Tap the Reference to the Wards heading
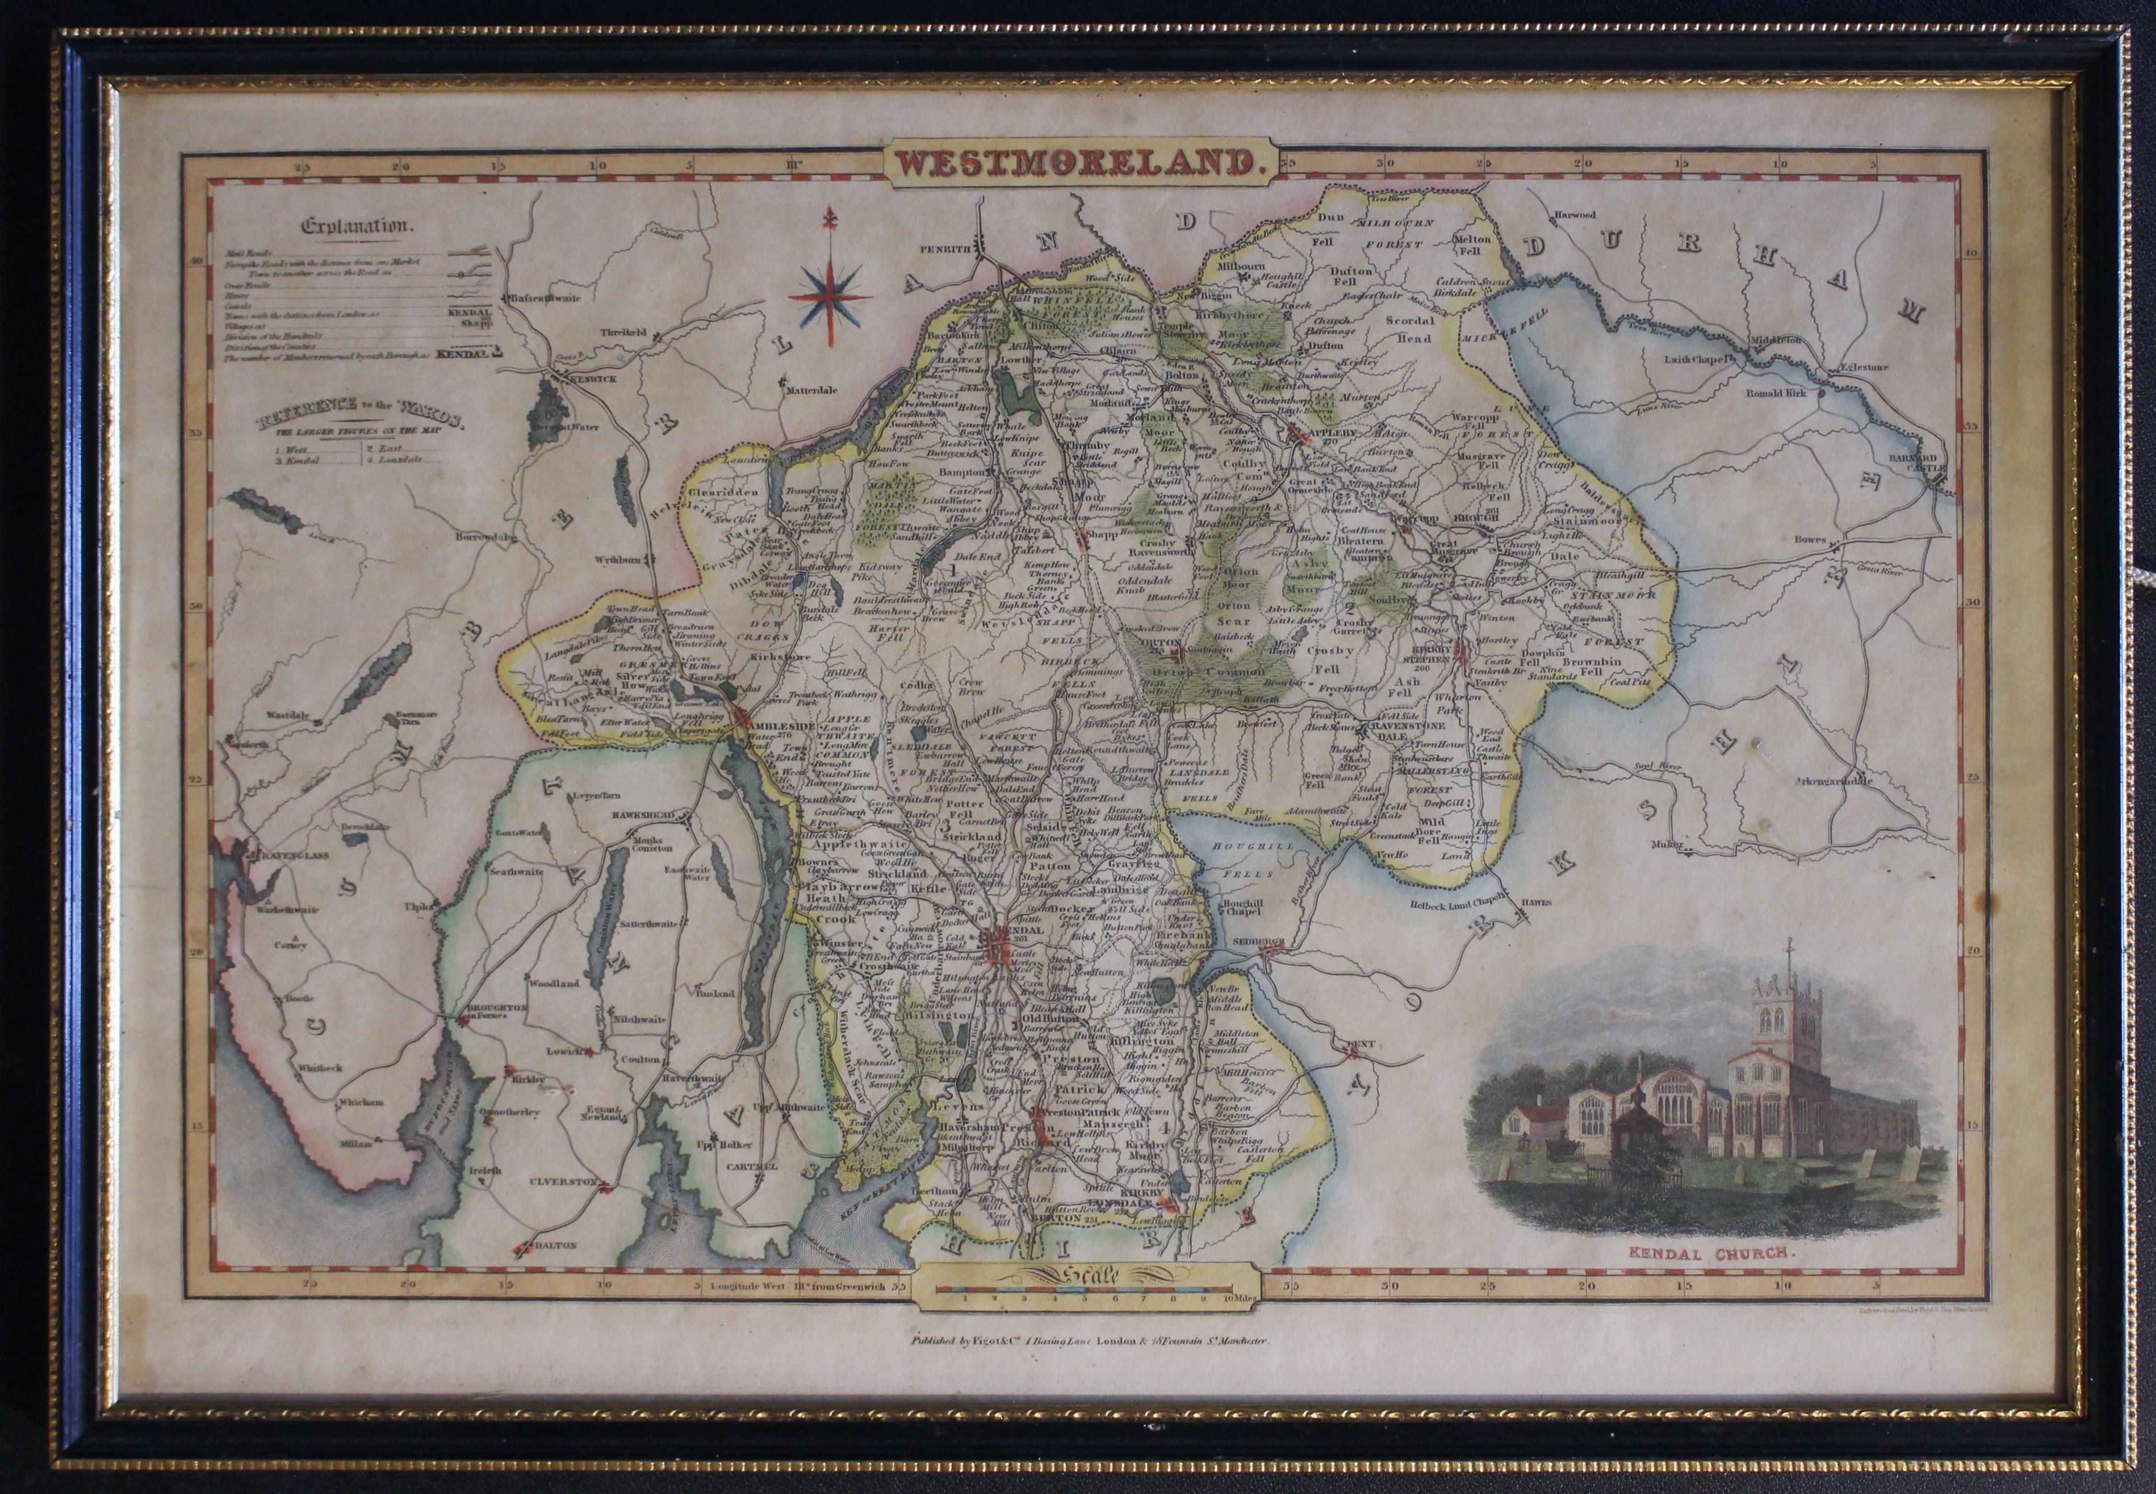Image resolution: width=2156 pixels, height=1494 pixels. point(360,412)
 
